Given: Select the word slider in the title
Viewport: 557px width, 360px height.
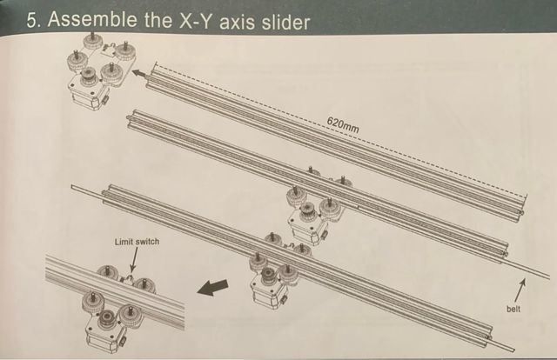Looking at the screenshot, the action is point(286,22).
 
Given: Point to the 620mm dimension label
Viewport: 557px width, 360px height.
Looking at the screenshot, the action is point(343,124).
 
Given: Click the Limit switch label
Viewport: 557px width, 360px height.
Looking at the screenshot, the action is point(137,242).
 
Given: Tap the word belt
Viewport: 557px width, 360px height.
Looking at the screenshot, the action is point(513,309).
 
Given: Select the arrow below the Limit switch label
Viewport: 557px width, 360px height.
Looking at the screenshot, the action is point(133,260).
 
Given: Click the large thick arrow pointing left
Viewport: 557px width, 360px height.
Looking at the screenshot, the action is point(212,287).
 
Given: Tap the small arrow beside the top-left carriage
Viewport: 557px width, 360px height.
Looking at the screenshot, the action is point(138,74).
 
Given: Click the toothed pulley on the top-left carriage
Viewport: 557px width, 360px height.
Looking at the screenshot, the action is point(87,75).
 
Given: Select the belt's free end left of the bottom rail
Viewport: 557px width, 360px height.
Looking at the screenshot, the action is point(72,187).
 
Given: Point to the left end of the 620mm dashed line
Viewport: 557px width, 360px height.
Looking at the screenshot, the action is point(156,65).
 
